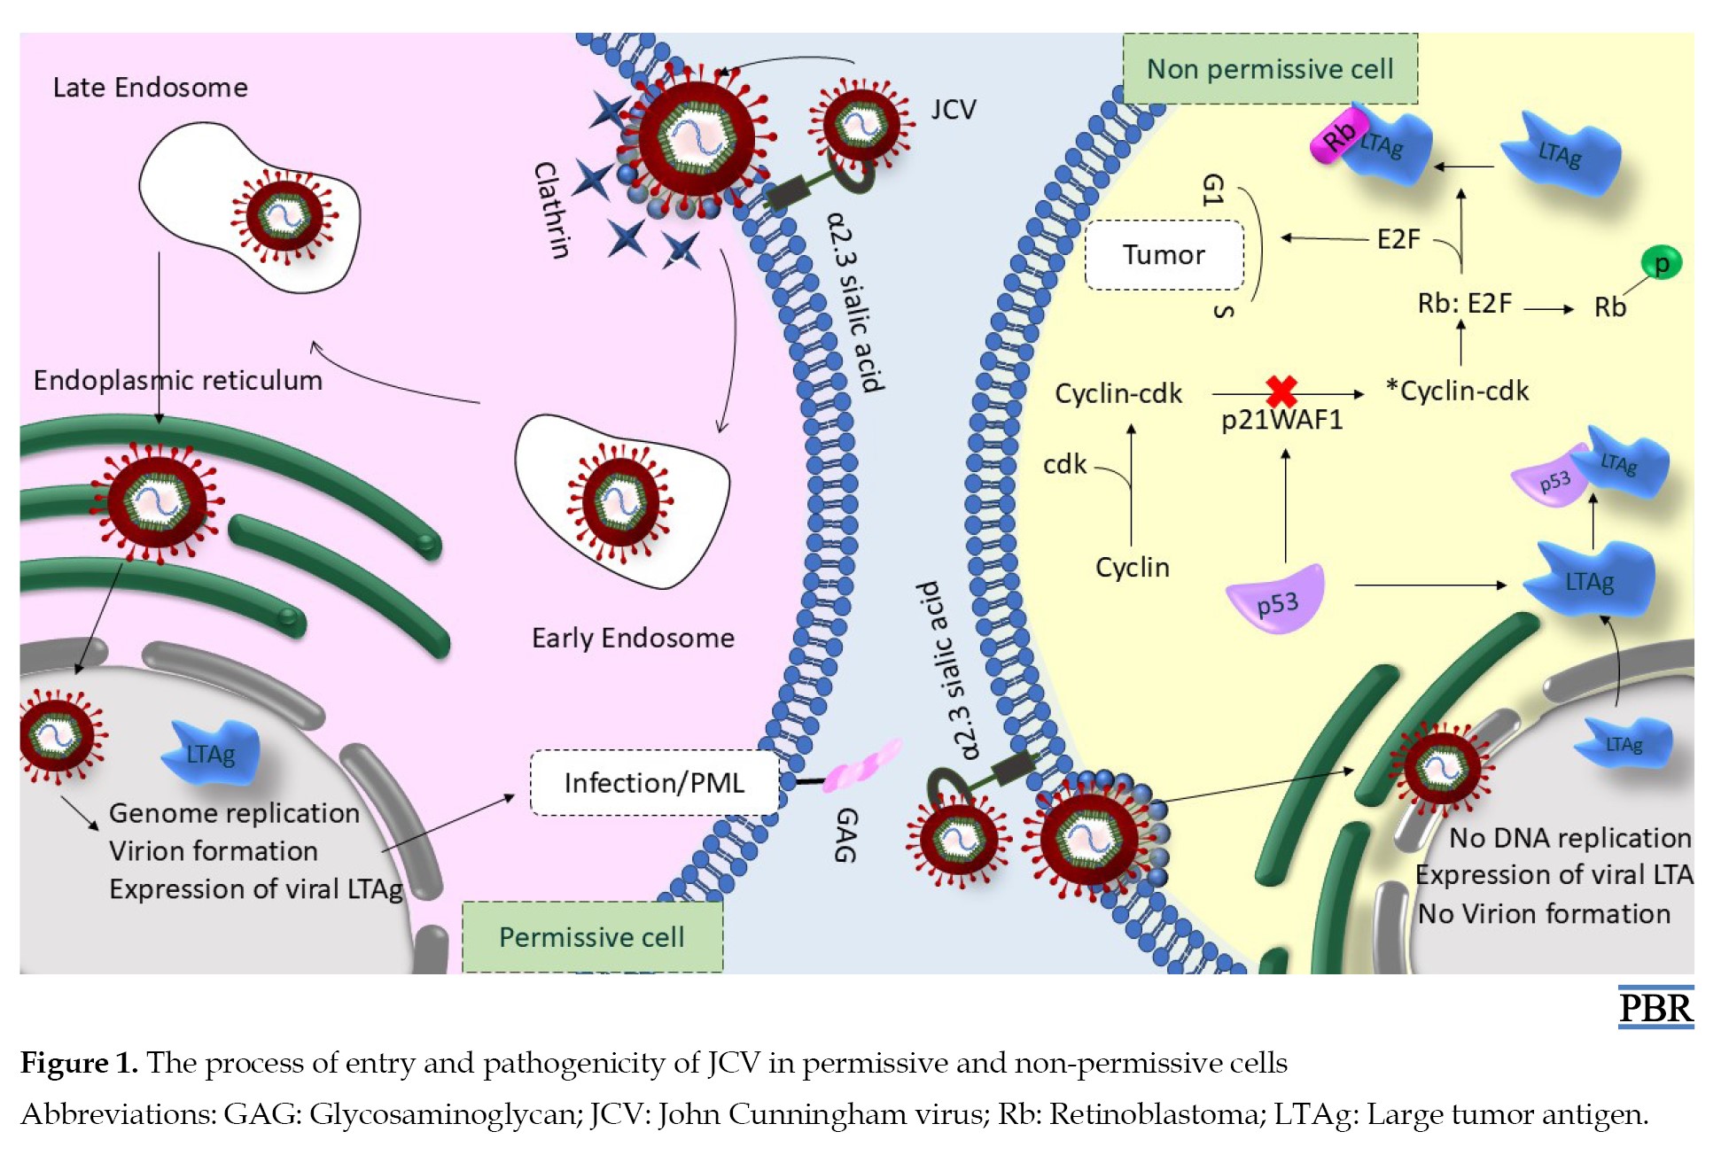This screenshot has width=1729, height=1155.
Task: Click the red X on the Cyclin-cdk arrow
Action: tap(1281, 391)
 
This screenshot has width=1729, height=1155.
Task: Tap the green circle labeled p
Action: tap(1661, 263)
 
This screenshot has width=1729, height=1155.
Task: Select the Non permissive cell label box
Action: tap(1270, 68)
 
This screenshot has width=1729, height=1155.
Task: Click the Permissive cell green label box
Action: tap(592, 936)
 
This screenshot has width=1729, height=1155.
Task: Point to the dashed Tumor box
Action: tap(1164, 255)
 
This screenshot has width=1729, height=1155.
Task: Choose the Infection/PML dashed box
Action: tap(655, 783)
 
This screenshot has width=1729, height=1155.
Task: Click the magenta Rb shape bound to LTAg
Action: tap(1339, 135)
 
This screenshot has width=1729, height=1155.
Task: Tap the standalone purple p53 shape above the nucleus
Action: tap(1276, 599)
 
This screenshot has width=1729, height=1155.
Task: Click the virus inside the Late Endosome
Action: tap(285, 216)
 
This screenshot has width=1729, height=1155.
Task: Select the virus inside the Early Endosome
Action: tap(620, 502)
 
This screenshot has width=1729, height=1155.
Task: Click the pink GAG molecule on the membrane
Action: tap(861, 765)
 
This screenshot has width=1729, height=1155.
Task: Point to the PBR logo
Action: tap(1655, 1007)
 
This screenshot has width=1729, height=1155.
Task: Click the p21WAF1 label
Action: tap(1281, 420)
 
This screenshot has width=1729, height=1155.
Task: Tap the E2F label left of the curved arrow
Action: tap(1398, 239)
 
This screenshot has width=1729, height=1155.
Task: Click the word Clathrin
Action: tap(551, 210)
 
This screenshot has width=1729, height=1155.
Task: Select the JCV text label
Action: tap(954, 110)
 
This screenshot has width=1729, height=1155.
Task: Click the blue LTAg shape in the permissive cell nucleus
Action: tap(211, 752)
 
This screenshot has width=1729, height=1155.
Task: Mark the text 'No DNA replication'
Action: tap(1569, 837)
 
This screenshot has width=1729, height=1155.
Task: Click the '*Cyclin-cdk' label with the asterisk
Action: tap(1458, 391)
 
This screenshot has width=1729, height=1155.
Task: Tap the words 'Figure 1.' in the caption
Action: tap(79, 1062)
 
